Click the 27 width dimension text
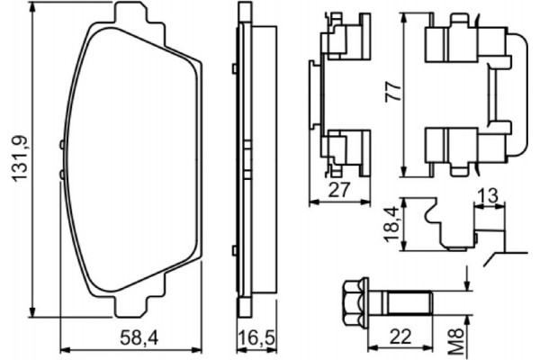[338, 190]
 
